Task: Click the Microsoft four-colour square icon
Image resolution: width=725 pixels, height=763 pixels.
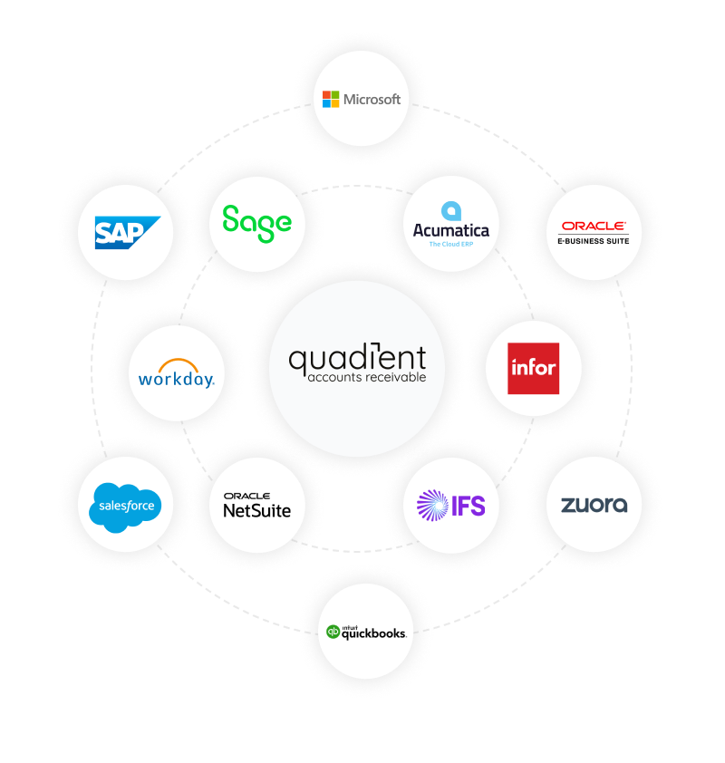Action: pos(331,100)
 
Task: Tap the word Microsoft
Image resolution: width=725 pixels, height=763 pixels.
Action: pos(372,100)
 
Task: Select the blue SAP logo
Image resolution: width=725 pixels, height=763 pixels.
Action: pos(128,233)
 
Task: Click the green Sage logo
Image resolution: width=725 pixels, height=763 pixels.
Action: pos(256,223)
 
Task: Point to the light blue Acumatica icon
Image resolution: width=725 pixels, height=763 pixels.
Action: pos(451,211)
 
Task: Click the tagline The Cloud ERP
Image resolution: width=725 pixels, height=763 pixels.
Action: pos(451,245)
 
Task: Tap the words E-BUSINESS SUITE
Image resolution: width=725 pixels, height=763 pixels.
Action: pos(593,241)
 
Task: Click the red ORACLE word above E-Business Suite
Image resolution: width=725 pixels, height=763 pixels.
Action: pos(593,226)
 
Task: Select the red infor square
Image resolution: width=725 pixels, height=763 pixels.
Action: pos(533,369)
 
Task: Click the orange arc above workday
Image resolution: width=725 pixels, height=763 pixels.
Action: pos(179,361)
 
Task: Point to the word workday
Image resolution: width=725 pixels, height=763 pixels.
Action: pos(176,379)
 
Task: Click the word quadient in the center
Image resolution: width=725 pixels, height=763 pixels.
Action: pos(358,359)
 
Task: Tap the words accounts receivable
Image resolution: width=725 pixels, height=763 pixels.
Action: pos(367,377)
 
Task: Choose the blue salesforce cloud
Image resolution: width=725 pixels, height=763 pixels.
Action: pos(125,507)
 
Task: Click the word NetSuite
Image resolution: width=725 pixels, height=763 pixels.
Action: pos(256,510)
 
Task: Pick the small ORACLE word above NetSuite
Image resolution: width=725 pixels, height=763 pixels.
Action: pos(246,496)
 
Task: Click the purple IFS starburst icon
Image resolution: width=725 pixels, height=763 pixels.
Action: pos(432,505)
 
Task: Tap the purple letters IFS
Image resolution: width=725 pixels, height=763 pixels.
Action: pos(469,506)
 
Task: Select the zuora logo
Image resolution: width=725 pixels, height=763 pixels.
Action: pos(594,505)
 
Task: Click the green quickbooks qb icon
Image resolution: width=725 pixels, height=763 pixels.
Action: pos(333,632)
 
